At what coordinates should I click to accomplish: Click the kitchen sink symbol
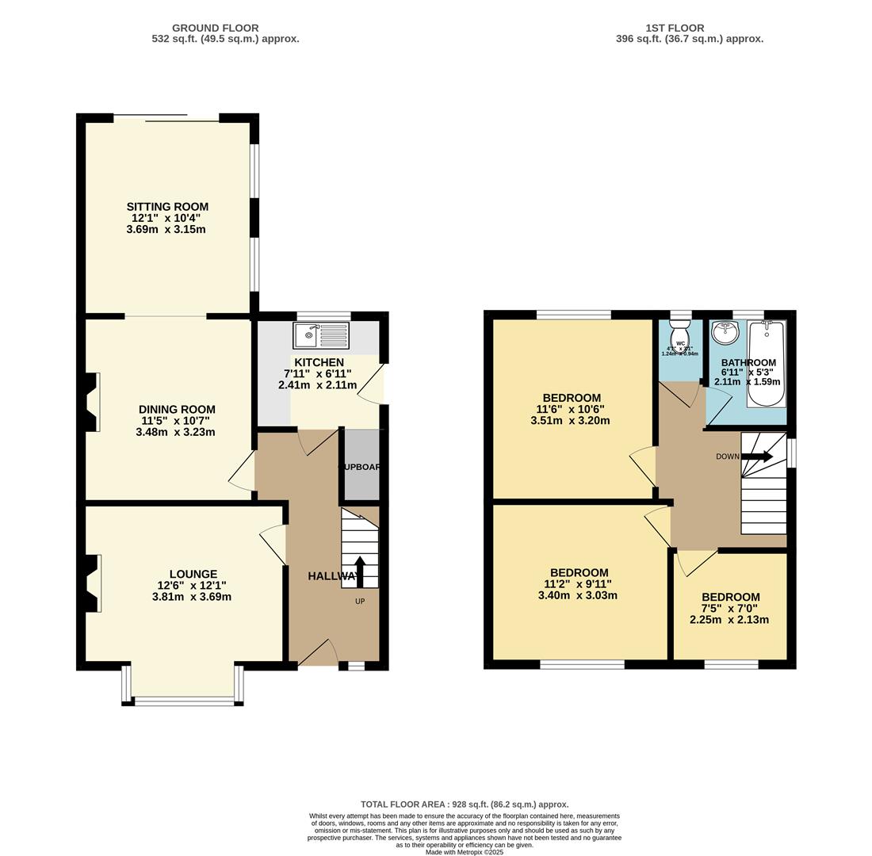320,335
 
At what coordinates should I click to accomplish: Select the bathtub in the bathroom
766,363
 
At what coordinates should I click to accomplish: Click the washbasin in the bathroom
725,333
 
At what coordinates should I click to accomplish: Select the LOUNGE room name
193,575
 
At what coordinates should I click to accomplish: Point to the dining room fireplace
92,403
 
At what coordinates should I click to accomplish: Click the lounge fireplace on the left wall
92,583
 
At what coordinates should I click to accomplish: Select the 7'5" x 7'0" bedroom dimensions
729,609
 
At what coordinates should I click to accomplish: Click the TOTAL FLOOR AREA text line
464,804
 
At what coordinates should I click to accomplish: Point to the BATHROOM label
748,363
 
